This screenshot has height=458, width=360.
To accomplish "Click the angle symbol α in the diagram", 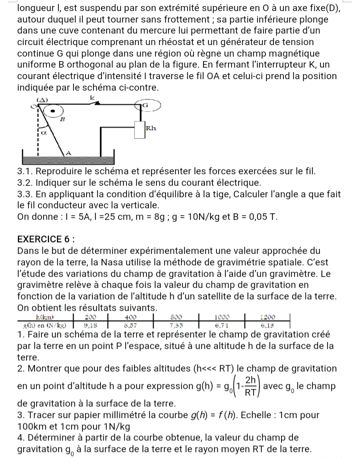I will pos(43,133).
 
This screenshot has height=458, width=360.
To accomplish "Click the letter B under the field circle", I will pos(62,120).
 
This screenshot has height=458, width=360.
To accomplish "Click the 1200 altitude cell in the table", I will pos(268,317).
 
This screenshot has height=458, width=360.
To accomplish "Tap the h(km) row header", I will pos(45,317).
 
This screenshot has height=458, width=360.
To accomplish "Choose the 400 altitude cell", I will pos(130,317).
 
